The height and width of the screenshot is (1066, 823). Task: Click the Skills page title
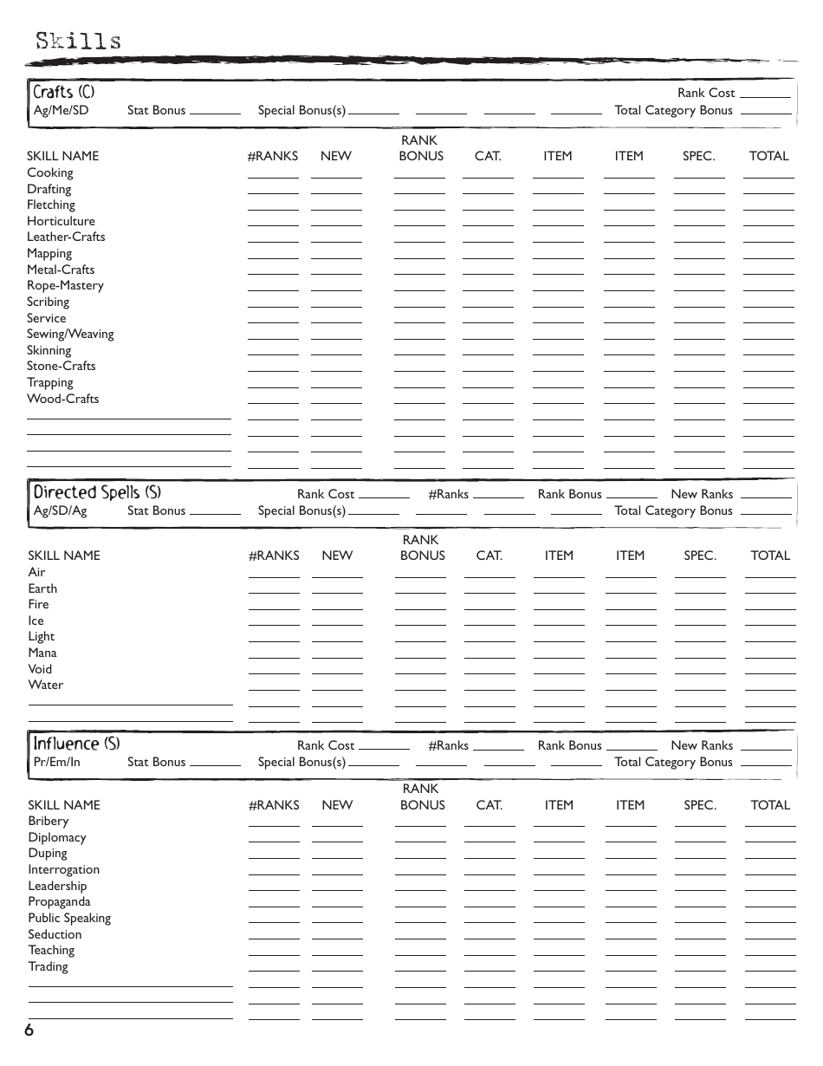pyautogui.click(x=78, y=41)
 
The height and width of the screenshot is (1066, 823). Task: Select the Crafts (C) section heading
pyautogui.click(x=63, y=92)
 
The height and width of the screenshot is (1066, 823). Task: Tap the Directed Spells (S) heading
pyautogui.click(x=97, y=492)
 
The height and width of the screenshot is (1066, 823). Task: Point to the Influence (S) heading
pyautogui.click(x=76, y=744)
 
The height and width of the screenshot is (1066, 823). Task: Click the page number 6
pyautogui.click(x=29, y=1030)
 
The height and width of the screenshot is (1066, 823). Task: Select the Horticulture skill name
pyautogui.click(x=61, y=221)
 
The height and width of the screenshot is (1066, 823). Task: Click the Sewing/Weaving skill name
pyautogui.click(x=70, y=334)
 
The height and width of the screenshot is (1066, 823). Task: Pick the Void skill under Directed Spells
pyautogui.click(x=40, y=669)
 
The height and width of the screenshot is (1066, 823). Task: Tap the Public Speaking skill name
pyautogui.click(x=69, y=918)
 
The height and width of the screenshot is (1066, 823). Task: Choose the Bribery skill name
pyautogui.click(x=48, y=821)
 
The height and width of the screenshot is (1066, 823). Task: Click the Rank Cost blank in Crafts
pyautogui.click(x=765, y=95)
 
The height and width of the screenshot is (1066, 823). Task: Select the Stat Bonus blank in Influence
pyautogui.click(x=215, y=764)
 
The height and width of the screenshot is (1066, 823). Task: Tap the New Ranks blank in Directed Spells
pyautogui.click(x=766, y=497)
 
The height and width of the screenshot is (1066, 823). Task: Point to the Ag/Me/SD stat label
pyautogui.click(x=61, y=110)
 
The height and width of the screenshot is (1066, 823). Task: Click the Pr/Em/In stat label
pyautogui.click(x=56, y=762)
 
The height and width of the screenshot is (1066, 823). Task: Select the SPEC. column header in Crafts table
pyautogui.click(x=698, y=156)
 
